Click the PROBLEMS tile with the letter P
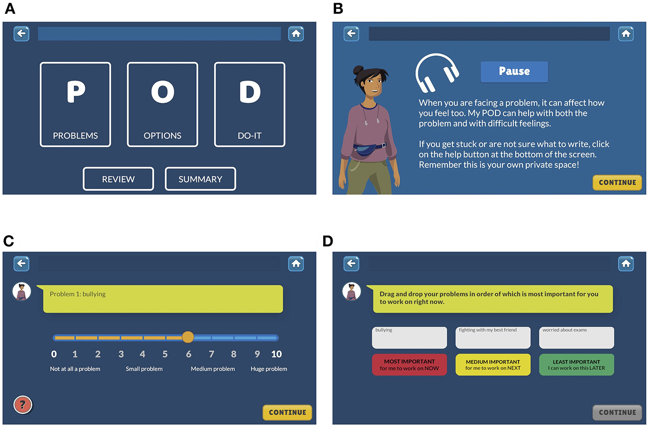[x=76, y=104]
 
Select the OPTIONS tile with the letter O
[x=162, y=104]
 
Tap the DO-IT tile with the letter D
[x=249, y=104]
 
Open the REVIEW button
[x=118, y=179]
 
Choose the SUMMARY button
[x=200, y=179]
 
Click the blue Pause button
[x=514, y=71]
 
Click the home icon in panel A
[x=296, y=33]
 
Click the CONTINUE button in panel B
[x=617, y=182]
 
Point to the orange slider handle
[x=188, y=337]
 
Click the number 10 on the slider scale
[x=276, y=354]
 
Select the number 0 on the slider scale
[x=54, y=354]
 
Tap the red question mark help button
[x=22, y=405]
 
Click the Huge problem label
[x=269, y=369]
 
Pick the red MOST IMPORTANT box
[x=409, y=365]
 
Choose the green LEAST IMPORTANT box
[x=577, y=365]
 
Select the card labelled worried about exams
[x=577, y=338]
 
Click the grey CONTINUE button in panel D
[x=617, y=412]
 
